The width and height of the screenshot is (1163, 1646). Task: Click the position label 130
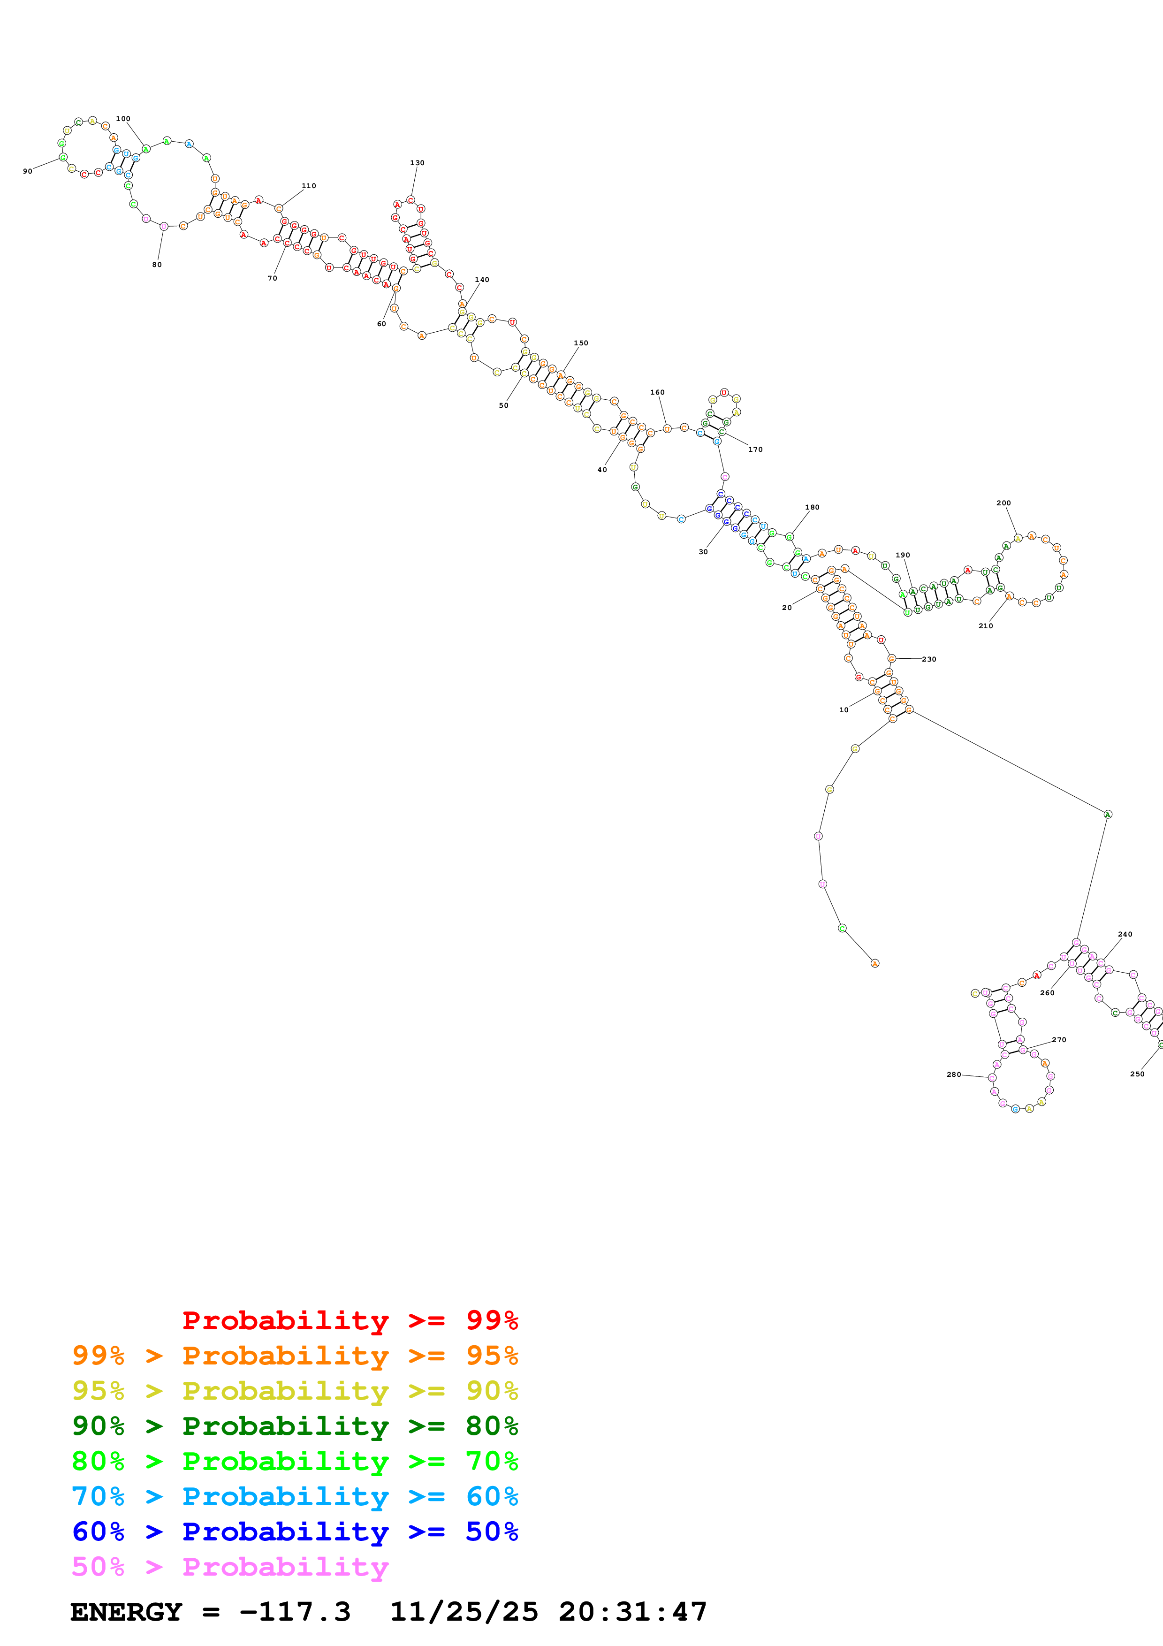coord(417,163)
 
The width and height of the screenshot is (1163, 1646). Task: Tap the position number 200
coord(1003,503)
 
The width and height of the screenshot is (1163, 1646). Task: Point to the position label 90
coord(27,171)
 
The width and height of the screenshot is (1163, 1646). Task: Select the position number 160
coord(657,392)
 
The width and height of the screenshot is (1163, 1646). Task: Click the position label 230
coord(929,659)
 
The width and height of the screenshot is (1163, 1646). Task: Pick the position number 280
coord(954,1074)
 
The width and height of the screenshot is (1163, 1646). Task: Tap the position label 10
coord(844,710)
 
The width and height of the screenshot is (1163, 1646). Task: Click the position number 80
coord(157,265)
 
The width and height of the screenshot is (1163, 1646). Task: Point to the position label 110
coord(309,186)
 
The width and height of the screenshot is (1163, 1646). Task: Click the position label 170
coord(755,450)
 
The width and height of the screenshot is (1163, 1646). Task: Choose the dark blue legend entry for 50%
coord(295,1532)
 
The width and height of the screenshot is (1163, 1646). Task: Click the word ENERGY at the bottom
coord(126,1612)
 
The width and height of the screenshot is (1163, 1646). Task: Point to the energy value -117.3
coord(295,1612)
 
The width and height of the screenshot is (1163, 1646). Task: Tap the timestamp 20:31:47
coord(633,1612)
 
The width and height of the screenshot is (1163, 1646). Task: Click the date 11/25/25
coord(464,1612)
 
